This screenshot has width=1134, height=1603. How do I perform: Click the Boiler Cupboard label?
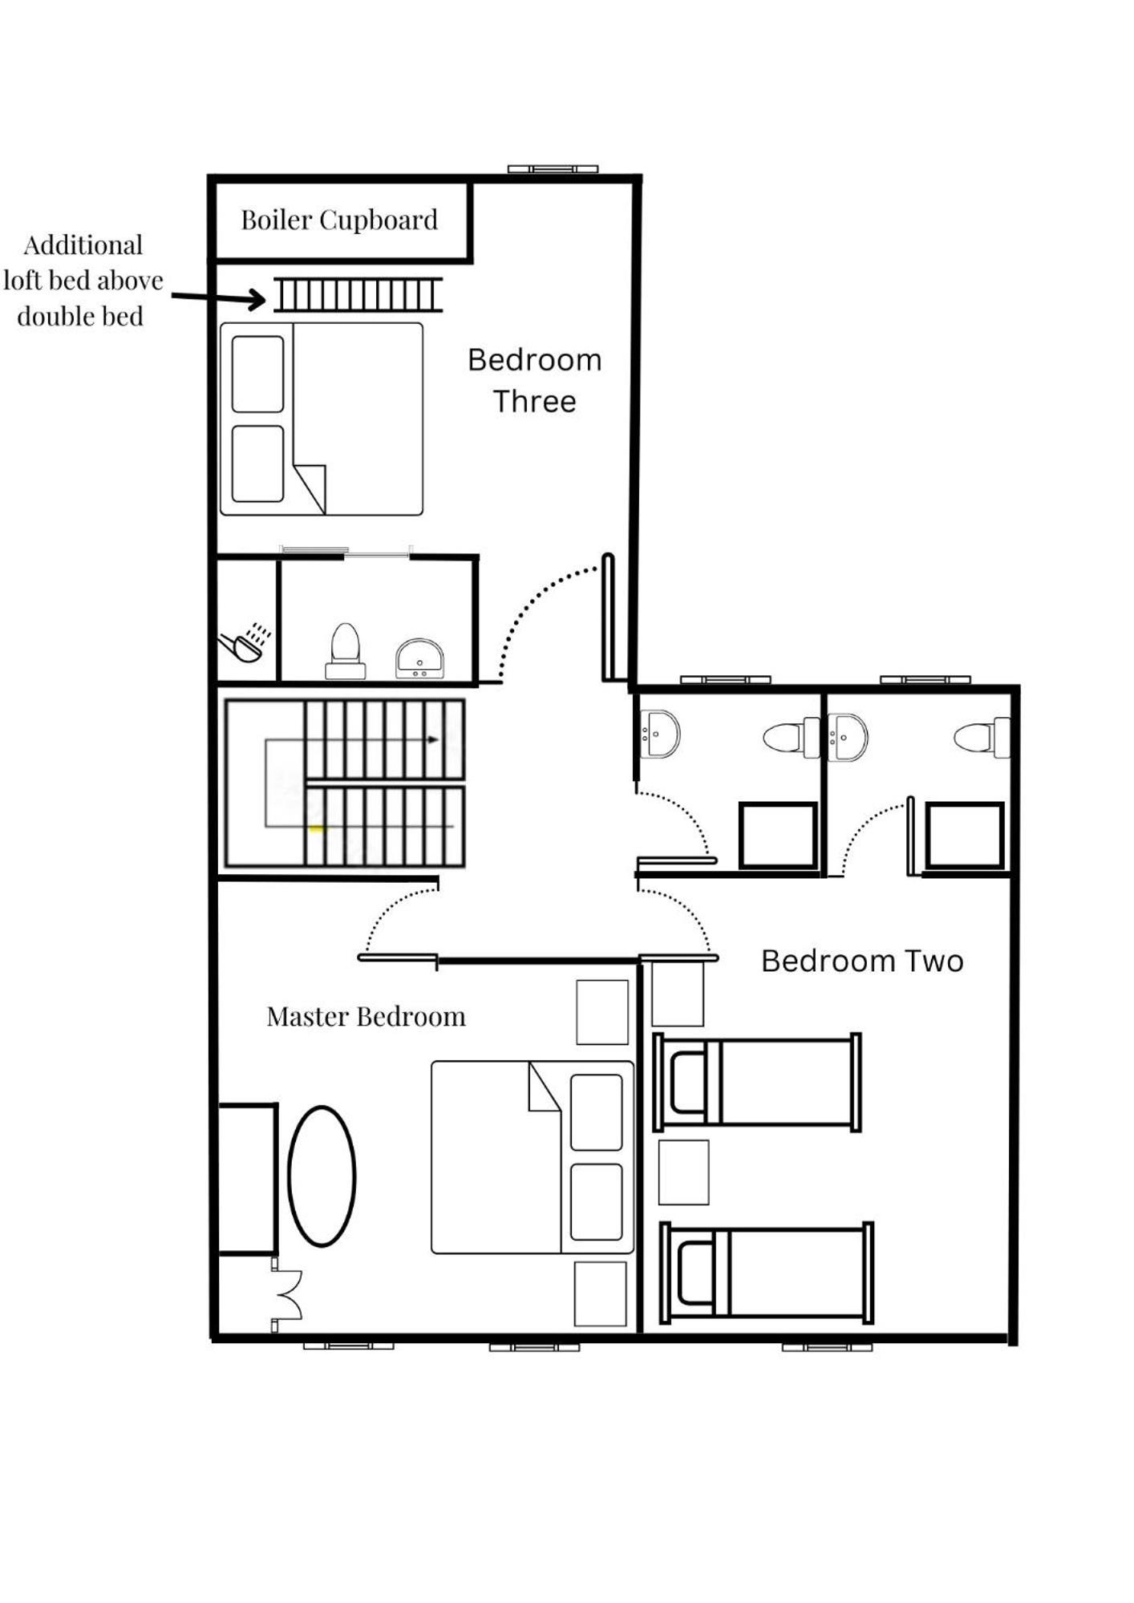[339, 220]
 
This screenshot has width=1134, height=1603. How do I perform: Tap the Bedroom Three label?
[535, 380]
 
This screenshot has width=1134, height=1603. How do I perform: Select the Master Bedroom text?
[366, 1016]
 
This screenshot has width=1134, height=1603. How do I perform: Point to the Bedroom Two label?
[862, 960]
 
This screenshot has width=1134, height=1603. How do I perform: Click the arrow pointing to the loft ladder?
[218, 298]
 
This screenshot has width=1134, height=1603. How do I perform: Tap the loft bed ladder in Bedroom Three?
[358, 294]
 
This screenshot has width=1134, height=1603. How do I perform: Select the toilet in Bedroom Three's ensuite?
[346, 650]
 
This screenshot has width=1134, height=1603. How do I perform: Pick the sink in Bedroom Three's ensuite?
[419, 658]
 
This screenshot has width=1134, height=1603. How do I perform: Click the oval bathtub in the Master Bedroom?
[322, 1176]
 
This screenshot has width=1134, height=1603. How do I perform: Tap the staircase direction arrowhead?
[433, 739]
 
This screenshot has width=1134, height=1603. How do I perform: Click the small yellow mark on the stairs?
[317, 828]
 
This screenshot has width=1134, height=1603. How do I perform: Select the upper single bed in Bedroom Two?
[757, 1082]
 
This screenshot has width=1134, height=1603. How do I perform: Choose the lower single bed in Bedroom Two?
[767, 1273]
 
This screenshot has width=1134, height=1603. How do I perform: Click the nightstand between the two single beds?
[683, 1172]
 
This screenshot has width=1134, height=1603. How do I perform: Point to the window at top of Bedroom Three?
[553, 169]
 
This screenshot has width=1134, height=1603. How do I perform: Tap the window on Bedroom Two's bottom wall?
[827, 1346]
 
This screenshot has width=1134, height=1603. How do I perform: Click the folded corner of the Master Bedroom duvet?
[545, 1087]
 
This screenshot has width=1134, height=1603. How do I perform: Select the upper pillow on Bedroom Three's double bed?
[257, 374]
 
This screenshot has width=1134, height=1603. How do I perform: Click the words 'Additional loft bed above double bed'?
[83, 281]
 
